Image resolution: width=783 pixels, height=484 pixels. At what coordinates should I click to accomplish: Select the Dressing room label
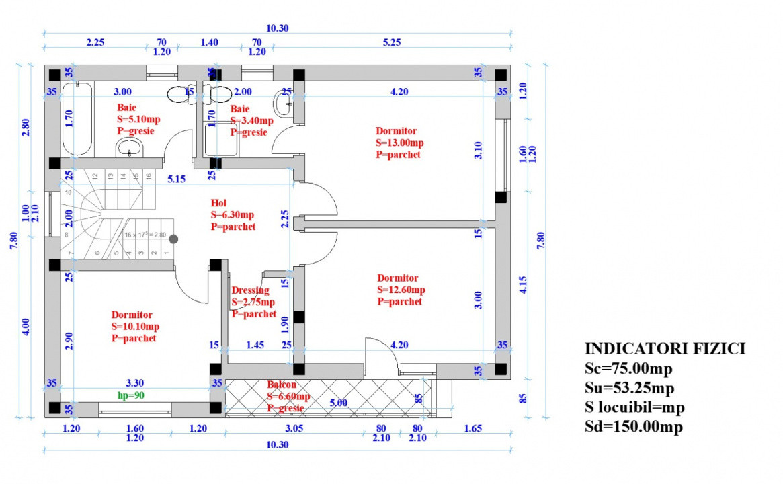coord(250,290)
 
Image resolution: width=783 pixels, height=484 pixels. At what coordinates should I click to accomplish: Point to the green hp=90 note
coord(132,396)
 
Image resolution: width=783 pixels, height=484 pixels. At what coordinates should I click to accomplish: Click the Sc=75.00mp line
coord(628,368)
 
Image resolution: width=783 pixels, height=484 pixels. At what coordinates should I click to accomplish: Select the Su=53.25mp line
coord(628,388)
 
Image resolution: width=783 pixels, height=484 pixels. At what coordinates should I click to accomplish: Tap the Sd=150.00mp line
coord(633,427)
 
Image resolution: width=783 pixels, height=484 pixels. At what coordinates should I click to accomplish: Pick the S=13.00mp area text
coord(399,143)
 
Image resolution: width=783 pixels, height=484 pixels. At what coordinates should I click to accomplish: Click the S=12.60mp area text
coord(401,290)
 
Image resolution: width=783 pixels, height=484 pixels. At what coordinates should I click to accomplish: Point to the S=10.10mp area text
coord(135,327)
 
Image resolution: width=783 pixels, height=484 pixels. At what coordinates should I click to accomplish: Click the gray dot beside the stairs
coord(173,239)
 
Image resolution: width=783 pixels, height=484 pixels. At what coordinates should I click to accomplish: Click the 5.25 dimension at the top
coord(391,42)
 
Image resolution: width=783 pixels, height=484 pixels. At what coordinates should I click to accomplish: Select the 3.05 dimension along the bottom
coord(294,428)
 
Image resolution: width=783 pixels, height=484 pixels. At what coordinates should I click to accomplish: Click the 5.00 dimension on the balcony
coord(338,403)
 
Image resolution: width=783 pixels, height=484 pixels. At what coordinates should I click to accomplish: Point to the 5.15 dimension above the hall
coord(176,179)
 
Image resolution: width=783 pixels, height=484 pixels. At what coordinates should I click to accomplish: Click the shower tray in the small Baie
coord(221,138)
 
